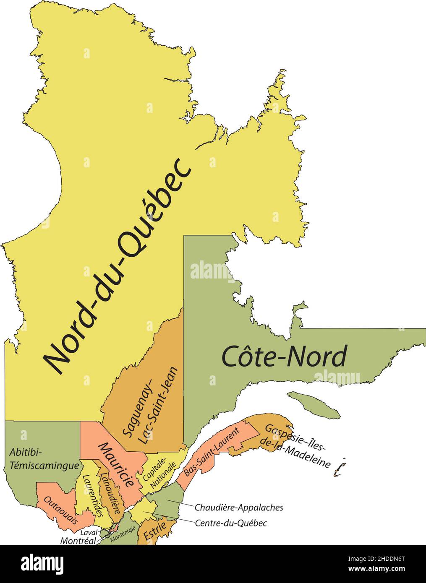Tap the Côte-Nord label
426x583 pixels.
(x=284, y=357)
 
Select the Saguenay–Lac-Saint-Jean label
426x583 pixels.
(x=150, y=406)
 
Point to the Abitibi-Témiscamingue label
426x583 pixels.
(x=44, y=458)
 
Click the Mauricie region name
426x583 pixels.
(x=119, y=464)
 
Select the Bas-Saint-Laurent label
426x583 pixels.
(x=211, y=452)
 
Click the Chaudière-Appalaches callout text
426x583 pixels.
(x=239, y=508)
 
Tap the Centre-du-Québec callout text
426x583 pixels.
(x=231, y=523)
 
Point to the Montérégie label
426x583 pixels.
(x=123, y=535)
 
